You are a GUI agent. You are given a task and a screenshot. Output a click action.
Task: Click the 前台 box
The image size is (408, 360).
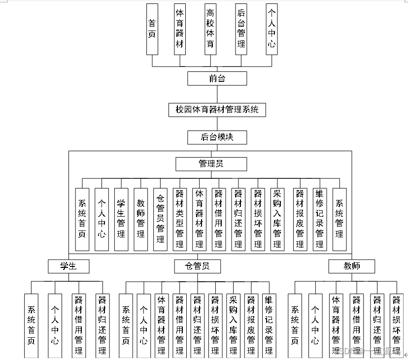click(217, 78)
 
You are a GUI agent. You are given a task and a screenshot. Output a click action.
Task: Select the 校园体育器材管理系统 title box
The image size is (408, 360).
click(217, 109)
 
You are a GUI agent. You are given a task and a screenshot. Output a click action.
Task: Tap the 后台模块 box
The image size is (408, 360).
click(217, 137)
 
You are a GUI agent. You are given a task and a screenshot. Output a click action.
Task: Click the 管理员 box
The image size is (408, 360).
click(211, 164)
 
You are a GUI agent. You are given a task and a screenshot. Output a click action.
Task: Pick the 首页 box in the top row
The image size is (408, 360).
click(152, 29)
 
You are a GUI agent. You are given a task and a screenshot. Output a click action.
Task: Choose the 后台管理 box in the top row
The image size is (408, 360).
click(241, 29)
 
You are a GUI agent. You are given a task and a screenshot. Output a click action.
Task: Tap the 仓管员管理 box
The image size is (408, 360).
click(160, 219)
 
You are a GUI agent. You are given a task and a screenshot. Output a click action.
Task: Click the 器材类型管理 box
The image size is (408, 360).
click(180, 219)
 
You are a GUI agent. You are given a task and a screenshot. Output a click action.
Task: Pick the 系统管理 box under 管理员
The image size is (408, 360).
click(340, 219)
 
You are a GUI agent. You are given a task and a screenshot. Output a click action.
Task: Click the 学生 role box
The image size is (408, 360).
click(68, 266)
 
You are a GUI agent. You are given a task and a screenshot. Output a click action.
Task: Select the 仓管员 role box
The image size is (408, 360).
click(198, 266)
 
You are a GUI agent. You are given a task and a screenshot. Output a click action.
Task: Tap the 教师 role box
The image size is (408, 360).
click(352, 266)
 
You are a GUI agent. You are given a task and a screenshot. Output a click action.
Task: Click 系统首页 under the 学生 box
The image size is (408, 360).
click(31, 325)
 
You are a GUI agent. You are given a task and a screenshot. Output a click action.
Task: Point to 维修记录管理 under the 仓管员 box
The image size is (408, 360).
click(269, 325)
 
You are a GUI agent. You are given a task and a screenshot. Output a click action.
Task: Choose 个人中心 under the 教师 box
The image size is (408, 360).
click(315, 325)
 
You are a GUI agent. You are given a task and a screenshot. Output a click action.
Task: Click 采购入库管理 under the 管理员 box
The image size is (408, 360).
click(277, 219)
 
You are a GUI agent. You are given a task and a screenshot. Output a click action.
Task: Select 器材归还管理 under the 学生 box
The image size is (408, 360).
click(102, 325)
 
